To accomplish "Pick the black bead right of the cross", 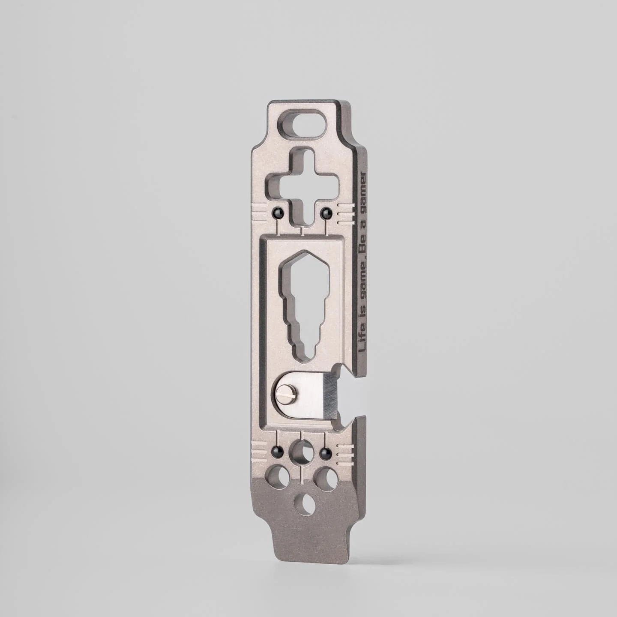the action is coord(326,212).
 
